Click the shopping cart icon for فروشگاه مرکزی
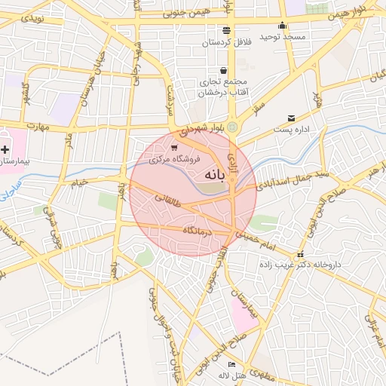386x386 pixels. coord(175,148)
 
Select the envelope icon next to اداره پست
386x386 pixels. coord(292,118)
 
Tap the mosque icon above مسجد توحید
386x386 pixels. coord(283,25)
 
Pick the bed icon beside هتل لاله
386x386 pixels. coord(231,365)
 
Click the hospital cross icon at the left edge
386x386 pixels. coord(5,150)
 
